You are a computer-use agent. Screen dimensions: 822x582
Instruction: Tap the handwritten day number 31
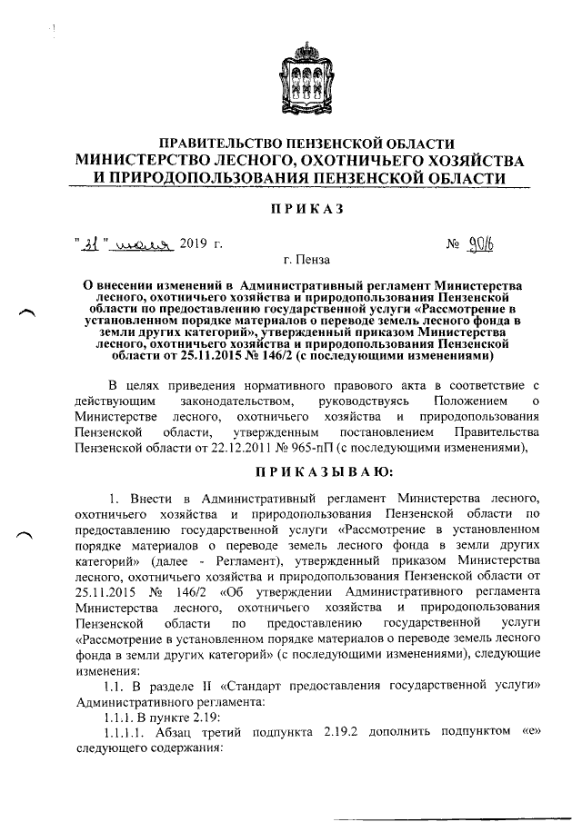pyautogui.click(x=92, y=243)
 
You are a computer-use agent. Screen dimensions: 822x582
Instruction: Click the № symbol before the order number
pyautogui.click(x=453, y=243)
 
